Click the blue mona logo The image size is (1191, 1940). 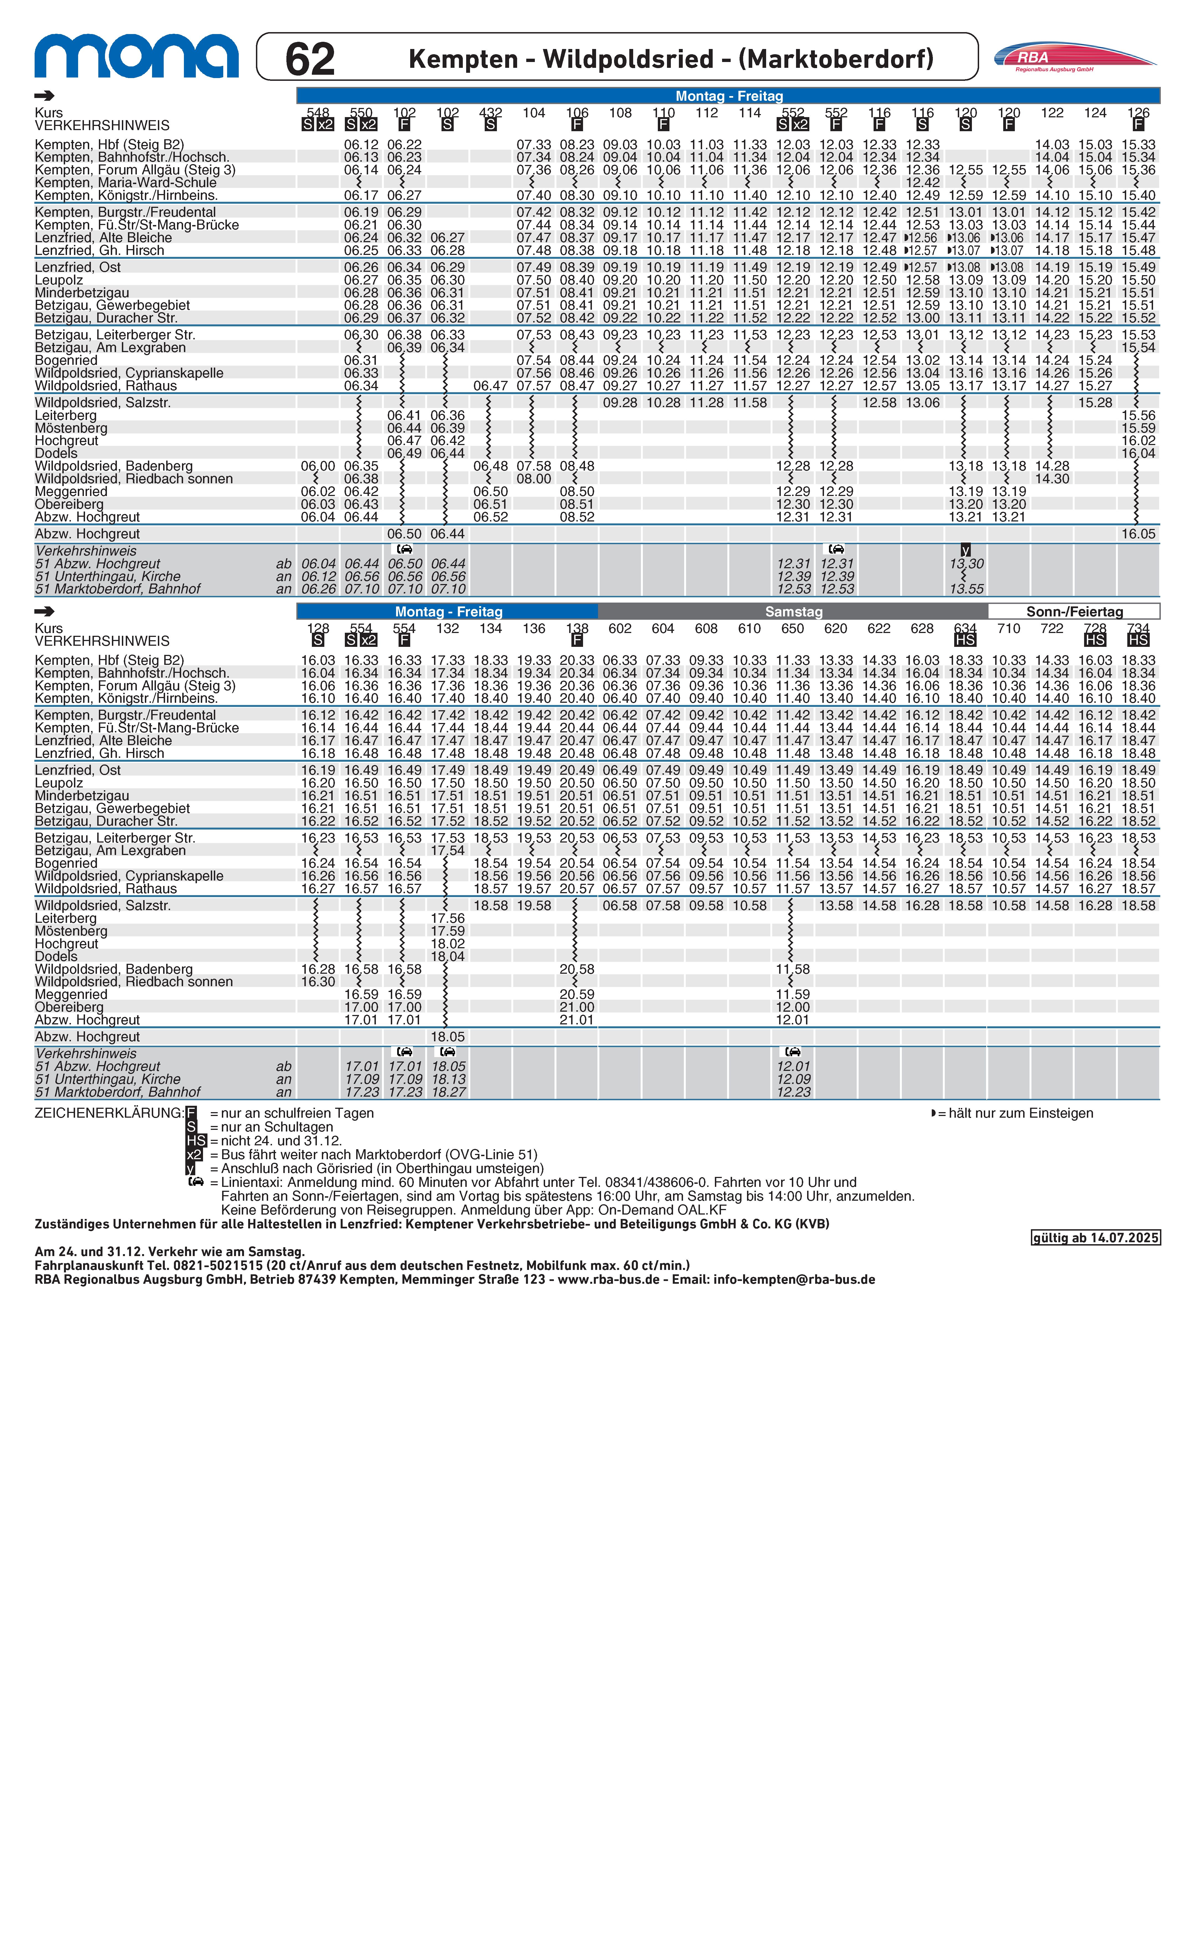[136, 57]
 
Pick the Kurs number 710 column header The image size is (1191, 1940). [1008, 628]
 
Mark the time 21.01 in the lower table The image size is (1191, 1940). [577, 1020]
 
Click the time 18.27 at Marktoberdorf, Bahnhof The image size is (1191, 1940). [447, 1092]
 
